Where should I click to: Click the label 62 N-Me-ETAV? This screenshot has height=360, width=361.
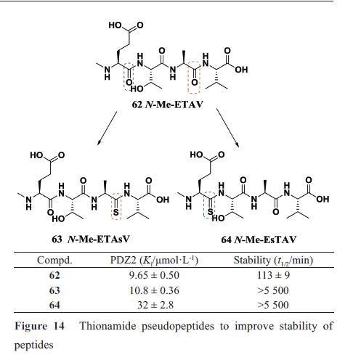pyautogui.click(x=168, y=105)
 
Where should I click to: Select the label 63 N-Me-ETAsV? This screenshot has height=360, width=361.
pyautogui.click(x=91, y=240)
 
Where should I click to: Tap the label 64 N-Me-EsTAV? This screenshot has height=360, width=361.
pyautogui.click(x=259, y=240)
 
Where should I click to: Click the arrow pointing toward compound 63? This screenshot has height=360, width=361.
pyautogui.click(x=107, y=128)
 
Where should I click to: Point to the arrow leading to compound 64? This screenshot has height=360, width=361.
pyautogui.click(x=227, y=128)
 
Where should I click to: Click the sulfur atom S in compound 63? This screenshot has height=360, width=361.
pyautogui.click(x=116, y=212)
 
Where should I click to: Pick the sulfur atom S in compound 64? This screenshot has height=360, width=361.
pyautogui.click(x=210, y=212)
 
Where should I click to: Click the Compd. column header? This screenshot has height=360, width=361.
pyautogui.click(x=54, y=261)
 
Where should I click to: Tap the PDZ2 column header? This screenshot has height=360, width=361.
pyautogui.click(x=154, y=261)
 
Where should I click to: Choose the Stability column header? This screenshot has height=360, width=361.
pyautogui.click(x=273, y=261)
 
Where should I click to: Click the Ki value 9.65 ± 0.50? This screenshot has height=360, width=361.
pyautogui.click(x=154, y=275)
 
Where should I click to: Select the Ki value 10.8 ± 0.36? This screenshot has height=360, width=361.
pyautogui.click(x=154, y=290)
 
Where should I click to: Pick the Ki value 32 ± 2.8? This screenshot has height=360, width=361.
pyautogui.click(x=155, y=305)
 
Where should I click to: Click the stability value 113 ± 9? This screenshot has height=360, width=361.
pyautogui.click(x=273, y=275)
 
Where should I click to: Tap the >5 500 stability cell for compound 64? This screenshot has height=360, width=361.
pyautogui.click(x=273, y=305)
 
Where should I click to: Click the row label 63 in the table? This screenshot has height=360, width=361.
pyautogui.click(x=54, y=290)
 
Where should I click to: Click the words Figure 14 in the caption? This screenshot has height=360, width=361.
pyautogui.click(x=39, y=326)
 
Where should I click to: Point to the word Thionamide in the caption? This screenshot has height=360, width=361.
pyautogui.click(x=108, y=326)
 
